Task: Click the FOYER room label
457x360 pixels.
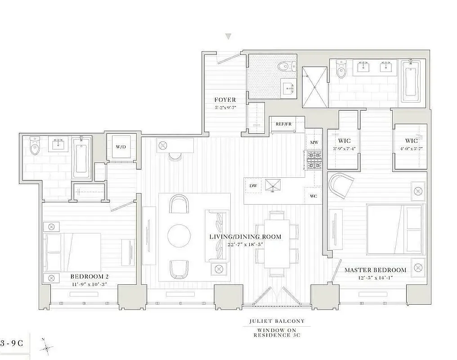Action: click(224, 100)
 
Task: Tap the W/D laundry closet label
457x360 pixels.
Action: click(121, 146)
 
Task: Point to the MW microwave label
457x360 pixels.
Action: click(314, 143)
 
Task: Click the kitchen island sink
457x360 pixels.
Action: click(272, 185)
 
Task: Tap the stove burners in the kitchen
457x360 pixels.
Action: click(314, 159)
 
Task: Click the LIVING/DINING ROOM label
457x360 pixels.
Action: click(245, 237)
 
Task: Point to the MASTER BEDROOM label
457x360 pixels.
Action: click(375, 270)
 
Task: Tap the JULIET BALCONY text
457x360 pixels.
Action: click(277, 321)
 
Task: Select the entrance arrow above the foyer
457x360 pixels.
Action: click(228, 36)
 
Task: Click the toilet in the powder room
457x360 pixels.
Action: click(284, 67)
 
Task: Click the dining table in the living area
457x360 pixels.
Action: click(277, 243)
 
